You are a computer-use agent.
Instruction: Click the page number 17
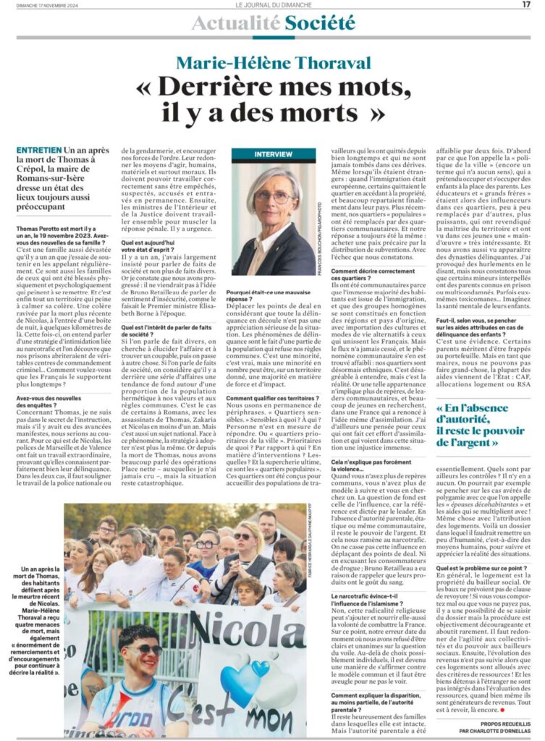[x=525, y=5]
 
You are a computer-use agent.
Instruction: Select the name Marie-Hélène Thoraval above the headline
[x=273, y=64]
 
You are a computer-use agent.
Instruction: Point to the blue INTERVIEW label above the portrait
[x=273, y=155]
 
